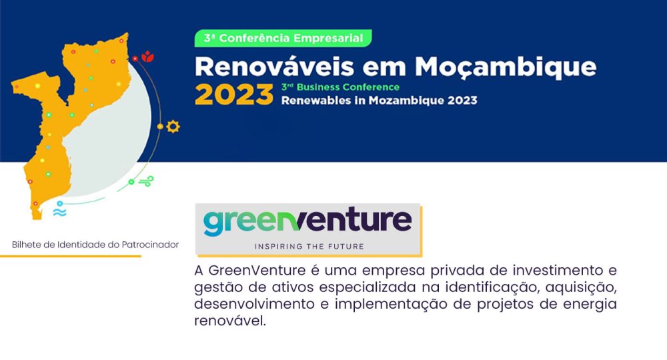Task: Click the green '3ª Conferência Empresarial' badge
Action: coord(283,38)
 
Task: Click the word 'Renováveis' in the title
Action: coord(274,67)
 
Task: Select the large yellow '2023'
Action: coord(234,95)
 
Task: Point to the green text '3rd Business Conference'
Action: coord(340,87)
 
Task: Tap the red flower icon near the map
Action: coord(147,56)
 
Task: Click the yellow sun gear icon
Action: coord(173,127)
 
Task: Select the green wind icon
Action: coord(147,181)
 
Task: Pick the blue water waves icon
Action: coord(59,211)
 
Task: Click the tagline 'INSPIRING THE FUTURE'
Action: coord(309,247)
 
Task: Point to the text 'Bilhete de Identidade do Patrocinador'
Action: coord(95,245)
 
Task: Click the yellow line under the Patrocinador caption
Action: coord(71,256)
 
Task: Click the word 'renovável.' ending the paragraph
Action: coord(230,321)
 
